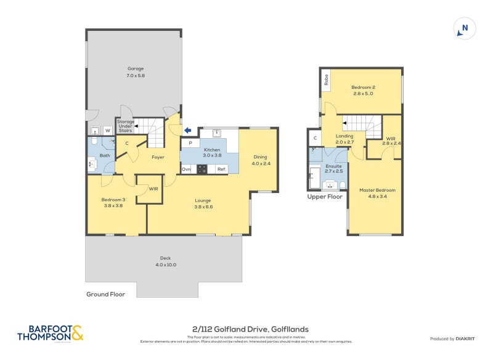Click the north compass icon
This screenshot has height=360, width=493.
tap(465, 28)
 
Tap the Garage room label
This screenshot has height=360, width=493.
tap(136, 68)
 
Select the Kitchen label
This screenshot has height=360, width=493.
tap(212, 150)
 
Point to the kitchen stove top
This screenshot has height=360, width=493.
tap(203, 169)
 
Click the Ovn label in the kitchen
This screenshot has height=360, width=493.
tap(186, 169)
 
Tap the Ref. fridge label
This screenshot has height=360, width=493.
tap(221, 169)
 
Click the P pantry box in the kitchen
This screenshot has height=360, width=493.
tap(190, 143)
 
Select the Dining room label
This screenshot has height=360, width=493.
tap(260, 157)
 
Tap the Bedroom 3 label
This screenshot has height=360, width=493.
tap(113, 200)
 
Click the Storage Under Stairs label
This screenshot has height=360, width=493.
tap(126, 126)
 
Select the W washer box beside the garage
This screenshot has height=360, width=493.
tap(107, 131)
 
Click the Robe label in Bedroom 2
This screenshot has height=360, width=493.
tap(325, 80)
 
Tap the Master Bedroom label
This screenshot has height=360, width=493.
tap(377, 190)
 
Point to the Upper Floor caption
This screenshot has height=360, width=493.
tap(325, 197)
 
